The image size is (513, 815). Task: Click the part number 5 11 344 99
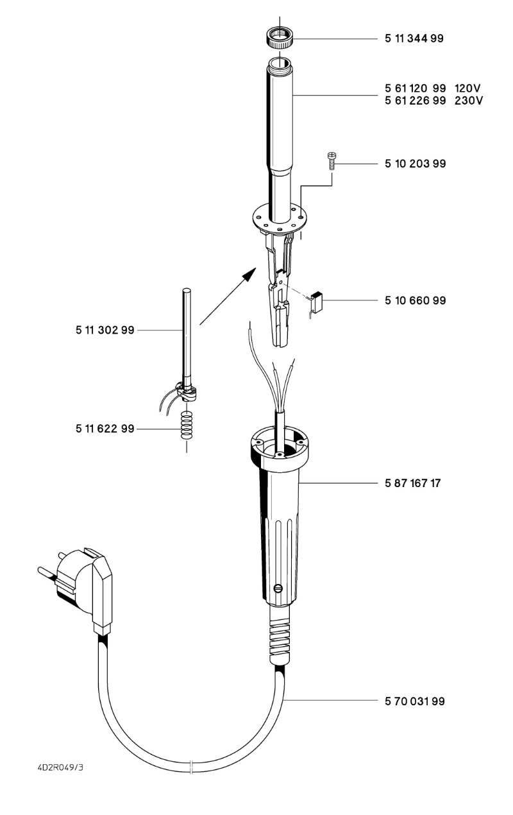(x=414, y=39)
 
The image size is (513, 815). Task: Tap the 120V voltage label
(x=468, y=89)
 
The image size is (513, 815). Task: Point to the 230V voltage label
(x=469, y=100)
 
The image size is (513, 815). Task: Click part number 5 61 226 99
(x=415, y=100)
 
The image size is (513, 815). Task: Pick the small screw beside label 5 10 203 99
(x=332, y=161)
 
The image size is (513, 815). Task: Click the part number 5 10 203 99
(x=415, y=164)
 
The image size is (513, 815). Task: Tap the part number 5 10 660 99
(x=415, y=300)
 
